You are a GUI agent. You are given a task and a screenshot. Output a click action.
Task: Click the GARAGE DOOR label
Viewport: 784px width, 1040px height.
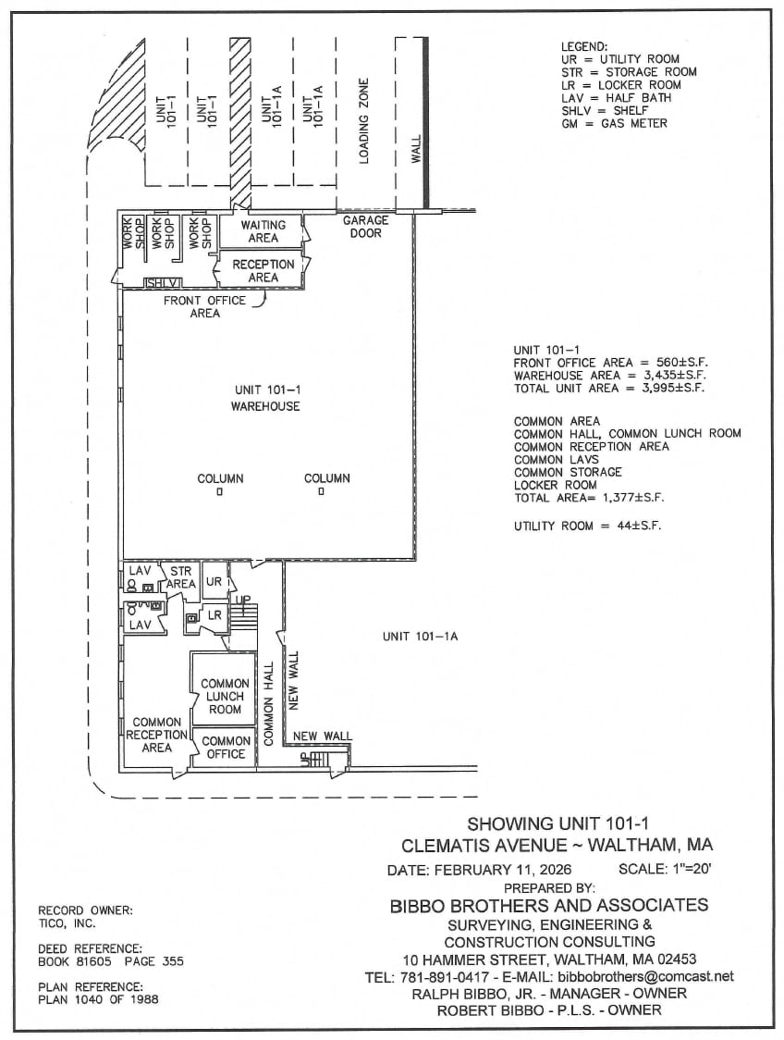pyautogui.click(x=366, y=227)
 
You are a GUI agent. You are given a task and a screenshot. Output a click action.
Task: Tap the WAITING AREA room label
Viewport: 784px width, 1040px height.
pyautogui.click(x=263, y=231)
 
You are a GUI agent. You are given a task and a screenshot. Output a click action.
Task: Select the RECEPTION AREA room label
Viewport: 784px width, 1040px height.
pyautogui.click(x=263, y=270)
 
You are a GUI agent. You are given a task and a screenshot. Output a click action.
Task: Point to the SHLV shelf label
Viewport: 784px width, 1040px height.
pyautogui.click(x=162, y=283)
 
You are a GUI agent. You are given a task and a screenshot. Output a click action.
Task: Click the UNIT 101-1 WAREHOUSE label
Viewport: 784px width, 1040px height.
pyautogui.click(x=265, y=399)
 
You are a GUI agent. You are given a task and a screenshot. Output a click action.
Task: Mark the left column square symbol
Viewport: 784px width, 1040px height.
pyautogui.click(x=220, y=493)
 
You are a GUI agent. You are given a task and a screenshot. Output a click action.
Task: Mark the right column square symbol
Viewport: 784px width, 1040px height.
pyautogui.click(x=322, y=493)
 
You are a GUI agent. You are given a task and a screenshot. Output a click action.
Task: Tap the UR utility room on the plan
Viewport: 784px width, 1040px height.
pyautogui.click(x=214, y=582)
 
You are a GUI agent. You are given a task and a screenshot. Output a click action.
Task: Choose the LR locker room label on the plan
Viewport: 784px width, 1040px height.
pyautogui.click(x=214, y=615)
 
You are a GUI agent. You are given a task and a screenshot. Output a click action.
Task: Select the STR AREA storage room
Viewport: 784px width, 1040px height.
pyautogui.click(x=180, y=578)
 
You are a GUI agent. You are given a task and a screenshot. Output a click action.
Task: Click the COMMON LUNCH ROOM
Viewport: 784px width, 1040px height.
pyautogui.click(x=225, y=697)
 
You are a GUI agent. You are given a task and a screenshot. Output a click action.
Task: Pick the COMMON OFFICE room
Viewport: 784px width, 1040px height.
pyautogui.click(x=226, y=748)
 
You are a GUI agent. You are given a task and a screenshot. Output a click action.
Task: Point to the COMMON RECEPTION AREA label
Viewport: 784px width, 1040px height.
pyautogui.click(x=156, y=735)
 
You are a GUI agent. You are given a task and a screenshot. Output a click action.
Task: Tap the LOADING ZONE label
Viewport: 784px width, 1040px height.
pyautogui.click(x=364, y=120)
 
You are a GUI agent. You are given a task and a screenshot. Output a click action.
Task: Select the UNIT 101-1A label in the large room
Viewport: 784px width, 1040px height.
pyautogui.click(x=421, y=637)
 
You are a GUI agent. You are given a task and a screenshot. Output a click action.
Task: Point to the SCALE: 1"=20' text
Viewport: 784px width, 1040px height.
pyautogui.click(x=666, y=869)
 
